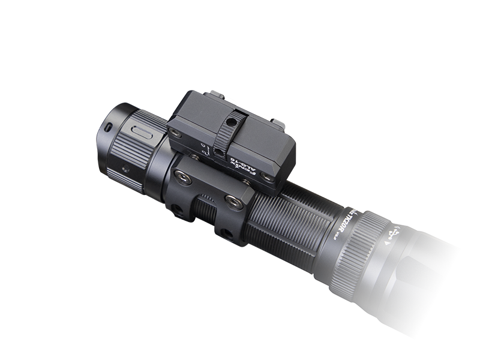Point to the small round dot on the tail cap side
tap(125, 169)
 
